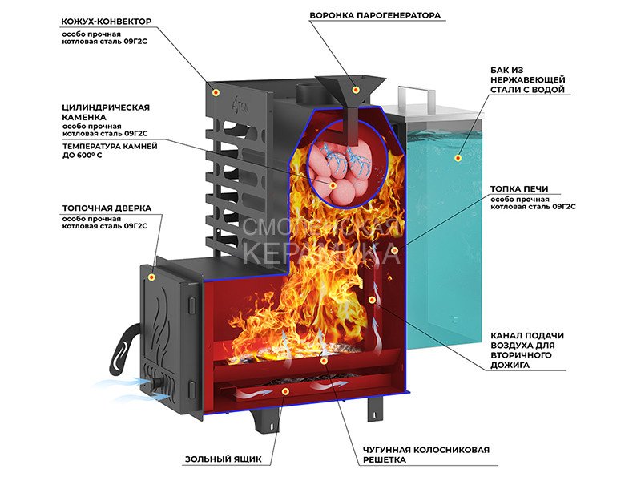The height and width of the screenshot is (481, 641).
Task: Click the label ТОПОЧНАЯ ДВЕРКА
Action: coord(107,208)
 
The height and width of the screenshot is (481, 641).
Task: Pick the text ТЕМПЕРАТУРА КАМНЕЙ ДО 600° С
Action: coord(109,151)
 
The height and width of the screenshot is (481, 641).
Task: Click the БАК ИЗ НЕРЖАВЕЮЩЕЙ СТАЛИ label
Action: coord(528,80)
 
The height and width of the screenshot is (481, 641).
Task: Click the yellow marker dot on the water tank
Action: coord(459,157)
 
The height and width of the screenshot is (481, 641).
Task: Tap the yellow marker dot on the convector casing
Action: coord(215,93)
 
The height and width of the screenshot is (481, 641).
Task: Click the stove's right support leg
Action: coord(373,407)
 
